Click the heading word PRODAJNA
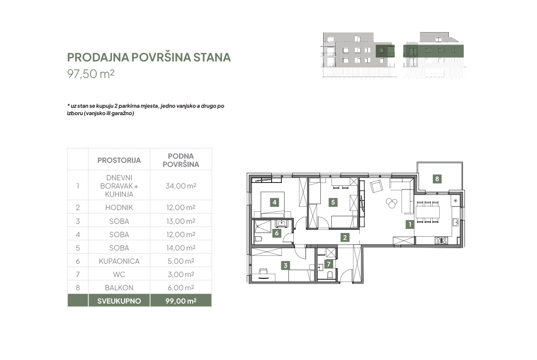(x=98, y=57)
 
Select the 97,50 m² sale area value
(x=91, y=73)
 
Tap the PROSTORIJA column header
(x=119, y=160)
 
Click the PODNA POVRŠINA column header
(x=181, y=160)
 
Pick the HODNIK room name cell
(x=119, y=207)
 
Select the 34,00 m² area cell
(x=181, y=186)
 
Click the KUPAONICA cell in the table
(x=119, y=261)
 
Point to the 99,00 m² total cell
(x=181, y=301)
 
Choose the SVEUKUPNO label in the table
(x=119, y=301)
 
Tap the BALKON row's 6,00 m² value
(x=181, y=288)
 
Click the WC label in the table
(x=119, y=274)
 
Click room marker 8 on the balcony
(x=437, y=179)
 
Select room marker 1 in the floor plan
(x=409, y=225)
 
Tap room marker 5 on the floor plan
(x=333, y=202)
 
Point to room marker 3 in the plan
(x=285, y=265)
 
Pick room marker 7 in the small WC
(x=329, y=264)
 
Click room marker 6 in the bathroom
(x=277, y=233)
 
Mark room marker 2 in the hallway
(x=345, y=237)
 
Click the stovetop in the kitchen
(x=441, y=240)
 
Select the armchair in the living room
(x=376, y=187)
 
